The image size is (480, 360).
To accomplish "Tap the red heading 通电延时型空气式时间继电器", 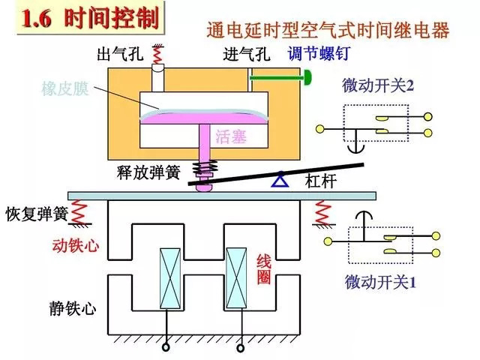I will pos(328,31).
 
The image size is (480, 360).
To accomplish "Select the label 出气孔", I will pos(120,55).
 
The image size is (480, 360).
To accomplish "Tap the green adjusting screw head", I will pos(307,76).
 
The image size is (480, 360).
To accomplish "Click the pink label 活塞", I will pos(230,136).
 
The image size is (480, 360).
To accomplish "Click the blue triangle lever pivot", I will pos(279,179).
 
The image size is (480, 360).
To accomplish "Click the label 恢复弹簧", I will pos(36,213).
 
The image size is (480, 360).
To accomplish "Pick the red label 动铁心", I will pos(75,245).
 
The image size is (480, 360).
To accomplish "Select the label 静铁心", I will pos(73,308).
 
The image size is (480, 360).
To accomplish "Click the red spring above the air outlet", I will pos(157,55).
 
